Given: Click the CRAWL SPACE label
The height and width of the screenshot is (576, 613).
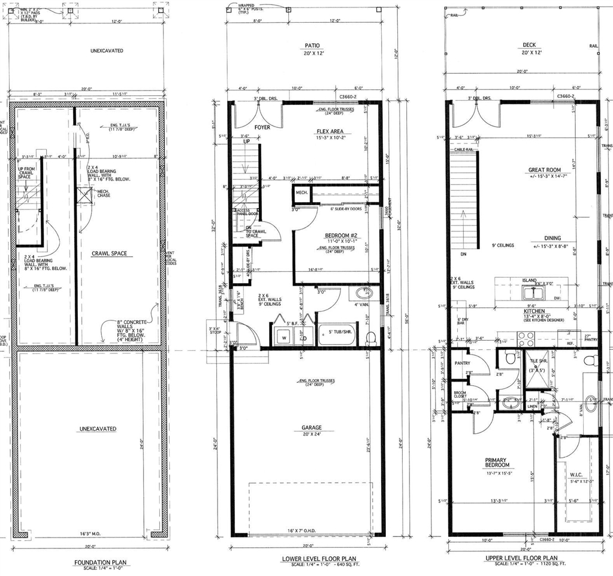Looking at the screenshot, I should [x=109, y=254].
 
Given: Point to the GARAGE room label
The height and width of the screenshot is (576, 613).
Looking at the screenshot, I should [x=311, y=428].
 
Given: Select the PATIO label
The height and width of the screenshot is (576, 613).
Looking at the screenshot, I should [x=312, y=45].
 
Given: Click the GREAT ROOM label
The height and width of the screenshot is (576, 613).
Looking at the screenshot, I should [x=544, y=170].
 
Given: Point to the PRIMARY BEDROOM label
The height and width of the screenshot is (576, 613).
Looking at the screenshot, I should [x=497, y=462].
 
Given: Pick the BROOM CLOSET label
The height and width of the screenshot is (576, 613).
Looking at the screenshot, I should [x=460, y=394].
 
